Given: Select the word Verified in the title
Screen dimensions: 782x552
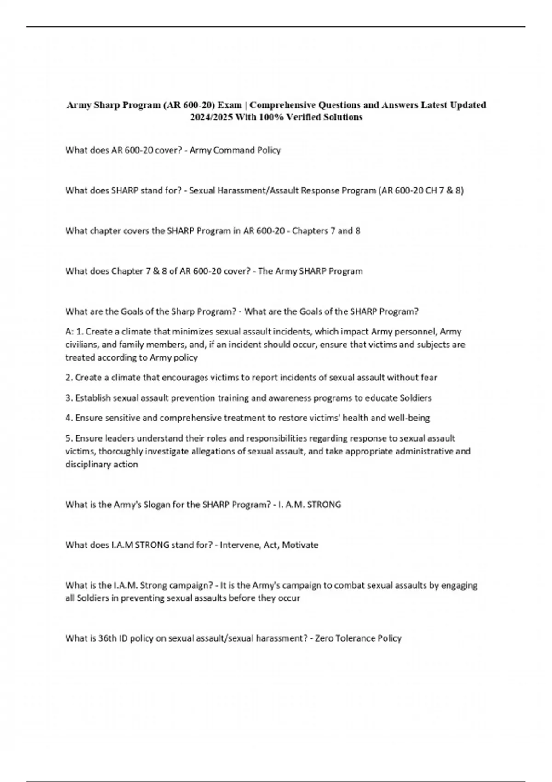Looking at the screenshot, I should coord(305,117).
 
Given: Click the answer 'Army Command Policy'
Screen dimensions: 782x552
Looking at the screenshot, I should coord(235,150).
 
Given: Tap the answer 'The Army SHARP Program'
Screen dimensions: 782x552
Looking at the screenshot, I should coord(310,271).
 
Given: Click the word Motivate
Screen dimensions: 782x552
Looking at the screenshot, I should coord(300,545).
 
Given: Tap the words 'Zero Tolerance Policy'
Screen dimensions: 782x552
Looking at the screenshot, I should coord(358,638).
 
